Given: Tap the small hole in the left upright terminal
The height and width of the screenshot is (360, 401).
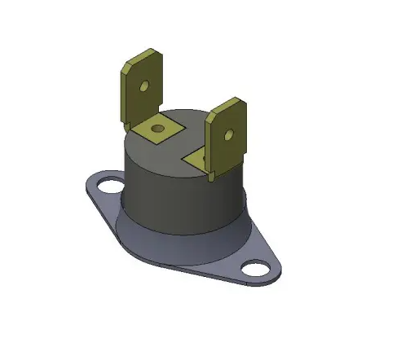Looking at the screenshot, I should click(144, 85).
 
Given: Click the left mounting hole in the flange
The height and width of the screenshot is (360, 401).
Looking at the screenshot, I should click(105, 187).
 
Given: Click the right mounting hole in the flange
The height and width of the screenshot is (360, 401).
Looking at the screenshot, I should click(257, 268).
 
